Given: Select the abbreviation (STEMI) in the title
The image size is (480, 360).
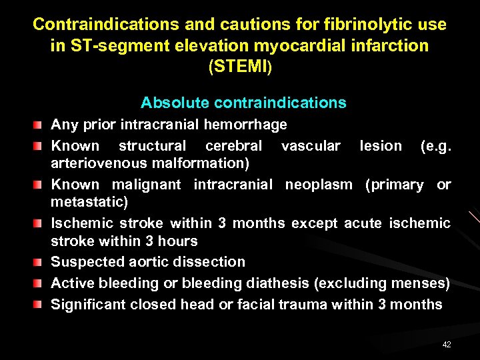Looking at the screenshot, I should pyautogui.click(x=240, y=67).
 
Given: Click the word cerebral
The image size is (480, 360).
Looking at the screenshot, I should pyautogui.click(x=233, y=145).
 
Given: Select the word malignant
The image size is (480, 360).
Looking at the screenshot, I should pyautogui.click(x=146, y=185).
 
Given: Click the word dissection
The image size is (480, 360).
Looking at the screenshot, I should pyautogui.click(x=211, y=262).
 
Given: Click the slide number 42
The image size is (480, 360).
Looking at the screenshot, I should pyautogui.click(x=446, y=344).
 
